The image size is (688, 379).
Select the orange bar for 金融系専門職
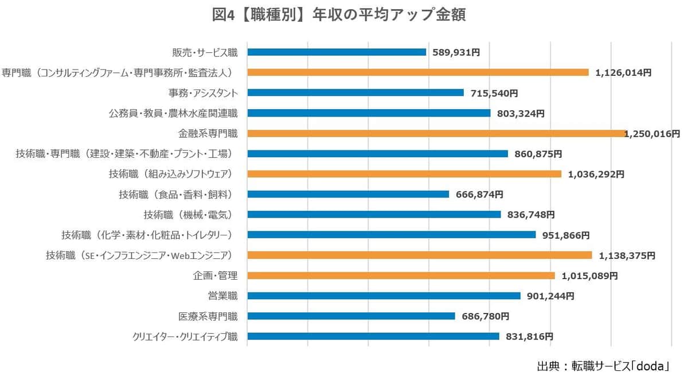[436, 133]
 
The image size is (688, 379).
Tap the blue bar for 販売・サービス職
[337, 52]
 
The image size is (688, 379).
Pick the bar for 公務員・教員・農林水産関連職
[369, 113]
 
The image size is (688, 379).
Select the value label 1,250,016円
[652, 134]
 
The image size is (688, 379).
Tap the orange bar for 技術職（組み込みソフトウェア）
[404, 174]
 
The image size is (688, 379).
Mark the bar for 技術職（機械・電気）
[374, 214]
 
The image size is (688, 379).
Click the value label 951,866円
[566, 235]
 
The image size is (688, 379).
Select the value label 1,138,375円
[627, 256]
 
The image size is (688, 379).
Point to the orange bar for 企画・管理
[401, 276]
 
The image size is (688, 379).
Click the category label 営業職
[222, 296]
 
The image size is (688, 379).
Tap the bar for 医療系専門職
[351, 316]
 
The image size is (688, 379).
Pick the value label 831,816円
[529, 337]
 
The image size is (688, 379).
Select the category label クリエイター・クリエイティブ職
[185, 337]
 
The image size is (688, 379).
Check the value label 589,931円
[456, 52]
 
